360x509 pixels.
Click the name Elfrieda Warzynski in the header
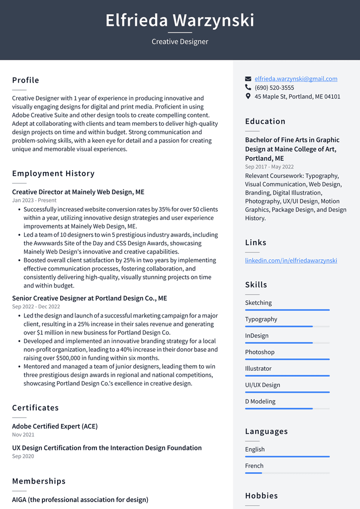pos(180,20)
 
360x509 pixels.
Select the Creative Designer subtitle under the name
pos(180,42)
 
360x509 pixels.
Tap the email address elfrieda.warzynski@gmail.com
pos(296,79)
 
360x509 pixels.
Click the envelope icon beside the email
pos(248,79)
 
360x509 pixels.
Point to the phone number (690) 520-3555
pos(274,88)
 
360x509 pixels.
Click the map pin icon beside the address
pos(248,97)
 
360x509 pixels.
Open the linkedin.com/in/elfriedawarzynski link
pos(291,260)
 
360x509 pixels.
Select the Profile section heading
pos(25,80)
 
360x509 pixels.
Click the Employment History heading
pos(53,174)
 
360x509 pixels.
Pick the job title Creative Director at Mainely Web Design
pos(78,192)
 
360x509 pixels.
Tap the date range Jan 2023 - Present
pos(34,201)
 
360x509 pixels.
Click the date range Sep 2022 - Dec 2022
pos(36,307)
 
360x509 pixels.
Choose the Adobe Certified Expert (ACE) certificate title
pos(55,426)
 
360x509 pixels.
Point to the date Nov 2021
pos(23,435)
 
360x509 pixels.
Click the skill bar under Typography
pos(287,326)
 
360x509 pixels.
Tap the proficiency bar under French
pos(287,473)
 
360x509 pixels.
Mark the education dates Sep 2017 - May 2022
pos(269,167)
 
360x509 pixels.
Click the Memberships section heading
pos(39,481)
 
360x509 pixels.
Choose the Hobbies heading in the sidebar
pos(261,496)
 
